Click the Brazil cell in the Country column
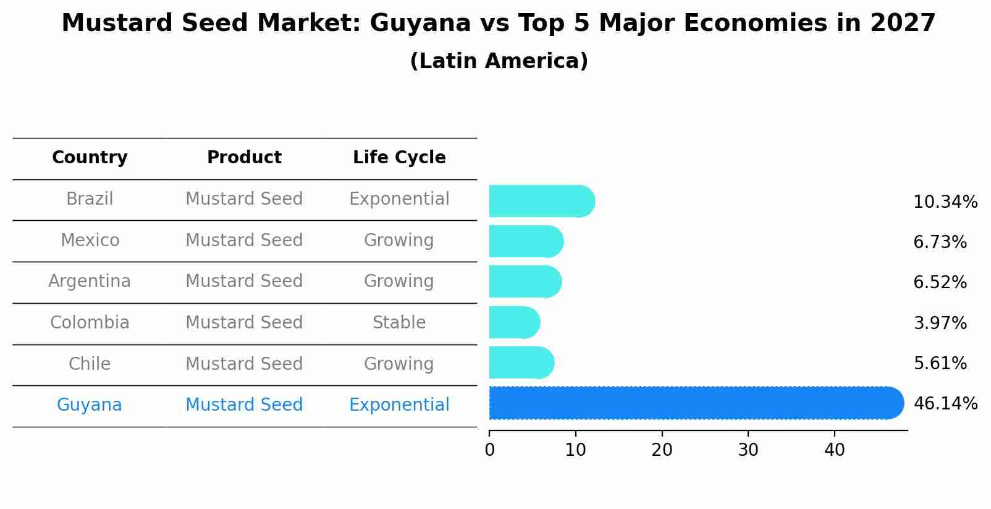point(90,199)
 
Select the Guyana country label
point(90,405)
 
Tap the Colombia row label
point(90,323)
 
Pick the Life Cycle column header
point(399,158)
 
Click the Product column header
point(244,158)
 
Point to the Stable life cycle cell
point(399,323)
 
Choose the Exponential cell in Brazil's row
point(399,199)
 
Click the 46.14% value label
point(945,404)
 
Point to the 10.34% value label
point(945,202)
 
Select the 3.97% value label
point(940,323)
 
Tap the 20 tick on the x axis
point(662,450)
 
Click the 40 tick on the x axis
point(834,450)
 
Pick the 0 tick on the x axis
point(489,450)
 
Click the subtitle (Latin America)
point(499,61)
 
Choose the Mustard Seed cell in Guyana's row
point(244,405)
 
